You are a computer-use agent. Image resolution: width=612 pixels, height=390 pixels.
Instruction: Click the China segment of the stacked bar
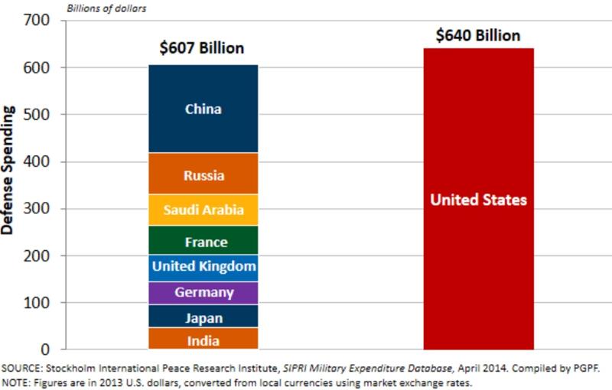[x=203, y=109]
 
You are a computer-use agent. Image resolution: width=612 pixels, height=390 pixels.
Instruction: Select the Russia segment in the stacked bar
[x=203, y=175]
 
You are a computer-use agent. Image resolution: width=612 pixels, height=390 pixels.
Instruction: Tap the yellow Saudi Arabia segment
[x=203, y=210]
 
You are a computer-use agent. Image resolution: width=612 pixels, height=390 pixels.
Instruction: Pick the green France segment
[x=203, y=242]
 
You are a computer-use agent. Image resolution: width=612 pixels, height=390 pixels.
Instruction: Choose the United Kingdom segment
[x=203, y=267]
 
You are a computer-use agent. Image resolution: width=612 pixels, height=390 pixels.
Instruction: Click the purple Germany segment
[x=203, y=292]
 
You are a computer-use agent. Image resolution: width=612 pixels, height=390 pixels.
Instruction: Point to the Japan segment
[x=203, y=317]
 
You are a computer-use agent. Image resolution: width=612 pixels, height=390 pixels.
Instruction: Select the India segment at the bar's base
[x=203, y=340]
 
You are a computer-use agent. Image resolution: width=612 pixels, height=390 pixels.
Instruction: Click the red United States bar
[x=478, y=200]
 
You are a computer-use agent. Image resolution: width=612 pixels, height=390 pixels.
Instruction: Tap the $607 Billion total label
[x=202, y=48]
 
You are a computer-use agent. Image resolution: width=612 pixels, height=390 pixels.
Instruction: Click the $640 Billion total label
[x=478, y=35]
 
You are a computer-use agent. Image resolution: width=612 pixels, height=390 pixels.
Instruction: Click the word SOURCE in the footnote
[x=23, y=368]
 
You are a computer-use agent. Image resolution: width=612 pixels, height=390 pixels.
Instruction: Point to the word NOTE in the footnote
[x=18, y=382]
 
